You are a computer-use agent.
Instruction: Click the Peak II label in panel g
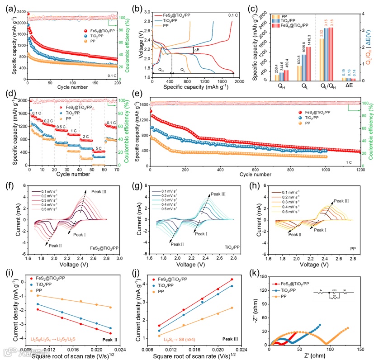tap(176, 244)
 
